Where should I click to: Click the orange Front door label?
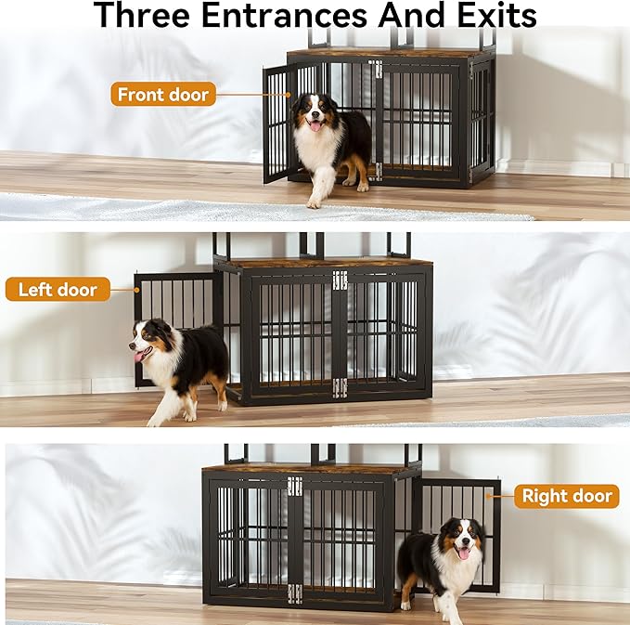tap(164, 94)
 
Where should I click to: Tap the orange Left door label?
tap(58, 290)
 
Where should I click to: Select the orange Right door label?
tap(567, 496)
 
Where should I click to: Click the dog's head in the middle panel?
tap(148, 340)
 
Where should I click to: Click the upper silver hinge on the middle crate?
tap(340, 280)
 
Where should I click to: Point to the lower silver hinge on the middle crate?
tap(340, 387)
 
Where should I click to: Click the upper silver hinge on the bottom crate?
tap(295, 486)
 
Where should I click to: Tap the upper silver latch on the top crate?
tap(375, 69)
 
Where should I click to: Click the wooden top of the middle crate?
tap(325, 263)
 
